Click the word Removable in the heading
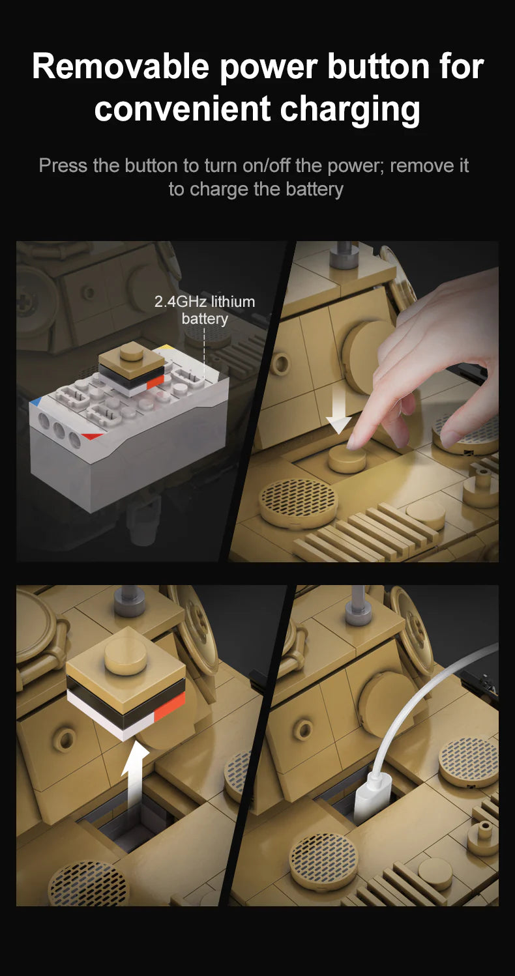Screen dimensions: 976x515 click(121, 66)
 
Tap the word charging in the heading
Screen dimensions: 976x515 click(351, 109)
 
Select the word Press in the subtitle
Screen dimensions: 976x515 click(63, 165)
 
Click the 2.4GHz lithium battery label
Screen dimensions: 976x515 click(205, 310)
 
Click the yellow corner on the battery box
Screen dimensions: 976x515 click(166, 347)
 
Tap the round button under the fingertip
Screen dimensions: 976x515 click(347, 459)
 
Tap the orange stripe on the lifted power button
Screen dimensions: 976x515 click(169, 707)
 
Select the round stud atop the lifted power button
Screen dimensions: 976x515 click(126, 653)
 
